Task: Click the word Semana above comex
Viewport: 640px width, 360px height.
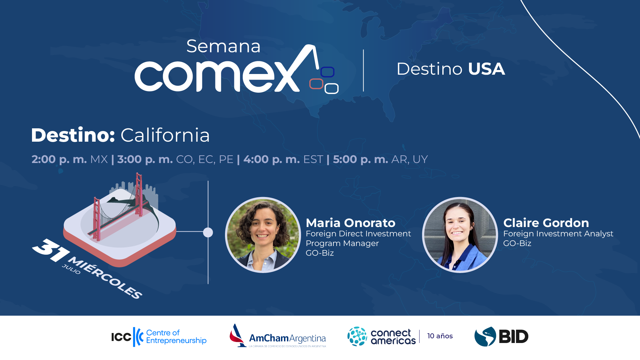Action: coord(223,46)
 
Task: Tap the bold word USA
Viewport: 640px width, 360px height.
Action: coord(486,69)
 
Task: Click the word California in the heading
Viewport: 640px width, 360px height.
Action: coord(165,135)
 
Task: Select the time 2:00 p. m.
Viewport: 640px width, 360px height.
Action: coord(59,159)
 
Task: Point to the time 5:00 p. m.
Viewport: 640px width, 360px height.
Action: coord(361,159)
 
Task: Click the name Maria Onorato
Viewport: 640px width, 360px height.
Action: coord(351,223)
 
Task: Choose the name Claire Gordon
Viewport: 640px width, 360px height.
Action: coord(546,223)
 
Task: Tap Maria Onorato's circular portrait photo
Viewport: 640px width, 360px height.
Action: coord(263,235)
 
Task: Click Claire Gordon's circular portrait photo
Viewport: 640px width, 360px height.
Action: coord(460,235)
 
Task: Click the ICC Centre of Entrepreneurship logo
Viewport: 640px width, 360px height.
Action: coord(159,337)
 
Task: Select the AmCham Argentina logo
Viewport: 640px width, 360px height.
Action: coord(278,336)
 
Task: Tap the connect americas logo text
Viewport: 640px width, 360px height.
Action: coord(393,337)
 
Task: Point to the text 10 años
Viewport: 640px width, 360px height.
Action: coord(440,336)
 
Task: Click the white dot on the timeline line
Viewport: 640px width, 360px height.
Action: coord(208,232)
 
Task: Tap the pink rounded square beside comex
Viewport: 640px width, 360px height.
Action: coord(316,84)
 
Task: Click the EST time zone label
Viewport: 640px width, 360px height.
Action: coord(313,159)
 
